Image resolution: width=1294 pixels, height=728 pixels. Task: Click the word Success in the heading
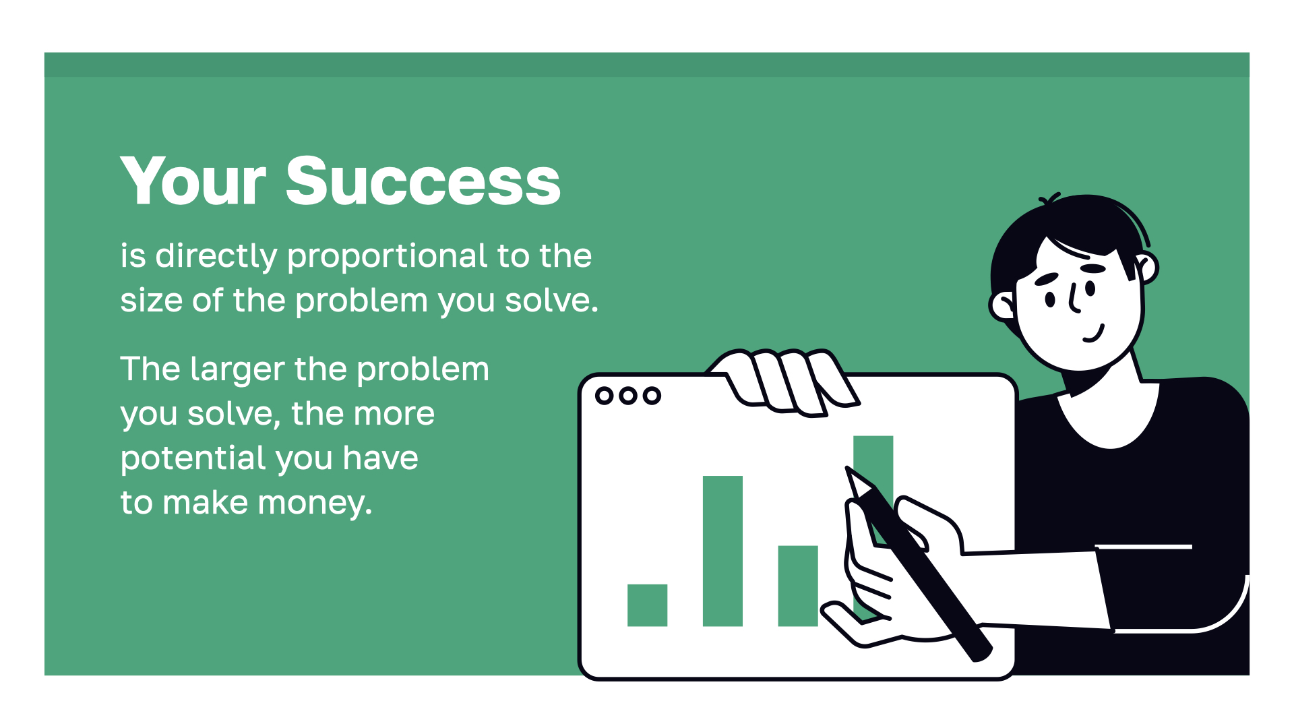click(x=423, y=180)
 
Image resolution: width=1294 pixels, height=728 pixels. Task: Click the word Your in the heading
click(x=193, y=181)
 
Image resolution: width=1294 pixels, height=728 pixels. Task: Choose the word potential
click(x=193, y=458)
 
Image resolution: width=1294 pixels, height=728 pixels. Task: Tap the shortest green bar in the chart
click(x=647, y=605)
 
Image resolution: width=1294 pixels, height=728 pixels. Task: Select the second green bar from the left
click(x=722, y=551)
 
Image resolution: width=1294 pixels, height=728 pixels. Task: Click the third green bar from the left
click(x=798, y=586)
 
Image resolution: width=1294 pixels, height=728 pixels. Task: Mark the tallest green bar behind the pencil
click(x=873, y=465)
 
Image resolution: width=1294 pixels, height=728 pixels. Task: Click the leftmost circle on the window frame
click(x=605, y=396)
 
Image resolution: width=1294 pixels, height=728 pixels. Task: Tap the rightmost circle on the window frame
click(x=652, y=396)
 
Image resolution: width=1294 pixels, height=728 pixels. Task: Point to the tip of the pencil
click(x=847, y=467)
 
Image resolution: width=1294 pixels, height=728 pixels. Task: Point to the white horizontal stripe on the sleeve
click(x=1143, y=547)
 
